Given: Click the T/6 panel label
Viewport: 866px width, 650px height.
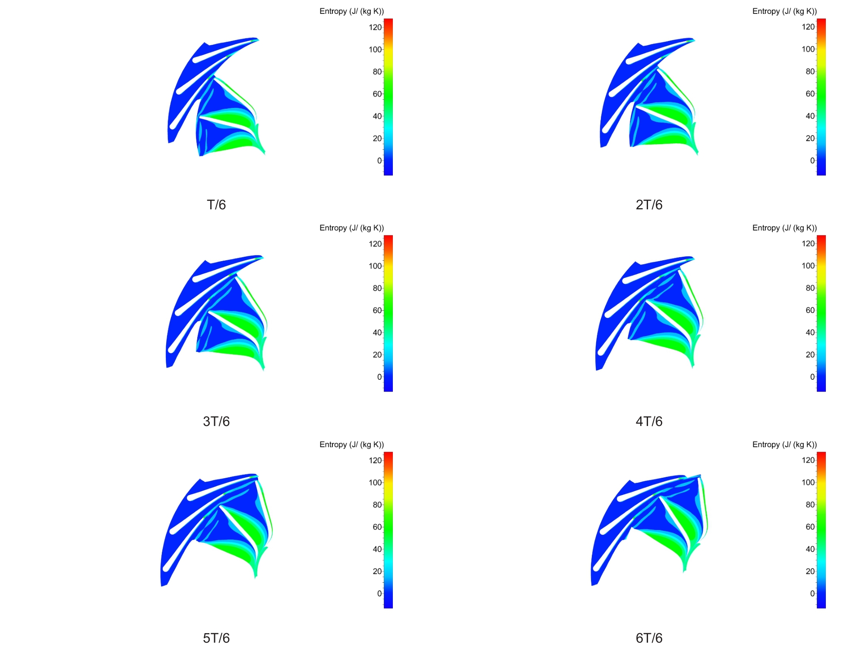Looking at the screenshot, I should (x=216, y=205).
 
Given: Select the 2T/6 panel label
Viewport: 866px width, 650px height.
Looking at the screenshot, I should (x=649, y=205).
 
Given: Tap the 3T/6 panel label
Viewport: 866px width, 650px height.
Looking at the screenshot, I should (x=216, y=421).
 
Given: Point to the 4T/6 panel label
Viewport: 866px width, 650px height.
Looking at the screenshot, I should (x=649, y=421).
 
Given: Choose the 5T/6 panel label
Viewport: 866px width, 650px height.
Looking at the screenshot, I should (x=216, y=638).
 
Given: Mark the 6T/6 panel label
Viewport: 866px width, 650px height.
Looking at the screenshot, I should (x=649, y=638).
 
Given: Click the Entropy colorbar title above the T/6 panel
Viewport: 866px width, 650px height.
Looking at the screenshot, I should (x=351, y=11).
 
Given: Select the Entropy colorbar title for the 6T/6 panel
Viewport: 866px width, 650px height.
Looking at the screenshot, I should (x=784, y=445).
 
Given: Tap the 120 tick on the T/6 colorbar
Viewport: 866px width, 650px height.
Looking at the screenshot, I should (x=375, y=27).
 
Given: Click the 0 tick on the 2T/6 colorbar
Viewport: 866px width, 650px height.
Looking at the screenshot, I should (x=812, y=161).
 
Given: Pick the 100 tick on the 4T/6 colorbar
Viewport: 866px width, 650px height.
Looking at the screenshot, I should (x=808, y=266).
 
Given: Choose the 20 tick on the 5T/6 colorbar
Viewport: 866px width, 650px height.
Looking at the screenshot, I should (x=377, y=571).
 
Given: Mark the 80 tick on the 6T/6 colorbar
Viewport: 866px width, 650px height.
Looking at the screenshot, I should (x=810, y=505).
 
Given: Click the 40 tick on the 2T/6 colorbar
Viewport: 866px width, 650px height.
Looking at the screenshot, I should (x=810, y=116).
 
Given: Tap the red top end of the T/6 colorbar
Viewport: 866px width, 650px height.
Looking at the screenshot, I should (x=388, y=22).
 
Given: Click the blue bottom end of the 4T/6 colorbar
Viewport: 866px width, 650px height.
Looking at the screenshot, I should (x=821, y=388).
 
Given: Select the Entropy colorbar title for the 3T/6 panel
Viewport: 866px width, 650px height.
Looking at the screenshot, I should (x=351, y=228).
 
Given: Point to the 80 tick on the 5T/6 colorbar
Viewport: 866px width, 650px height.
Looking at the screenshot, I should (x=377, y=505).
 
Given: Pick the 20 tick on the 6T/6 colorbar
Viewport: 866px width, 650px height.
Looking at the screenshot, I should (x=810, y=571).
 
